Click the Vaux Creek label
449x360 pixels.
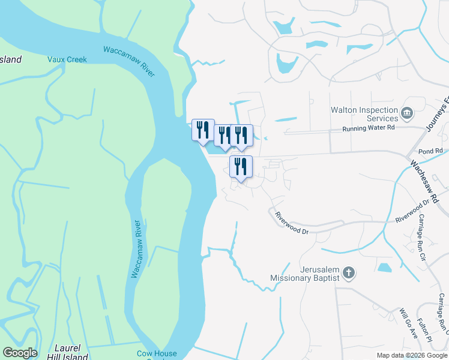(67, 59)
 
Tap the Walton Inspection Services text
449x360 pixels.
(365, 115)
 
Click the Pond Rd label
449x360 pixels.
(430, 151)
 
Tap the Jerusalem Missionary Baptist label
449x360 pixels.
(305, 274)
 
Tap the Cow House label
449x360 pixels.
(157, 354)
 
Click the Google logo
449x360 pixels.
(20, 353)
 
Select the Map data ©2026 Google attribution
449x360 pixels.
(412, 355)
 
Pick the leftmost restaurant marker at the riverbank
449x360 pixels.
(202, 130)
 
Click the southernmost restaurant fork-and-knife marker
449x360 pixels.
(241, 166)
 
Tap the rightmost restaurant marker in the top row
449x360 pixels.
(241, 136)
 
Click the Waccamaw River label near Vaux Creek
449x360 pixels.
(129, 61)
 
